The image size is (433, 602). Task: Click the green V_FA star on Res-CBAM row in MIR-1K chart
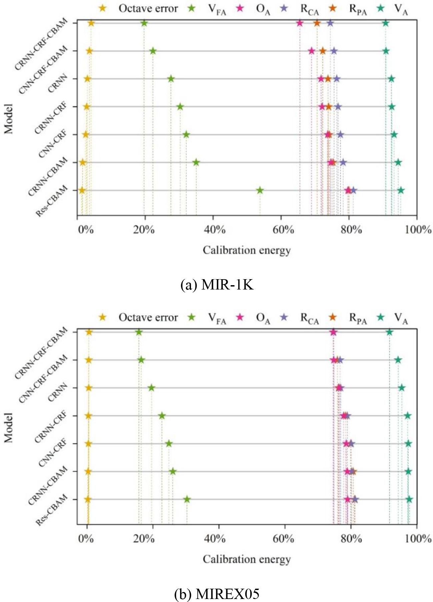click(260, 190)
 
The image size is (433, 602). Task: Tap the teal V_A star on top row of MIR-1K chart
click(386, 23)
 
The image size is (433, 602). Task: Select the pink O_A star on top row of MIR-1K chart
click(300, 23)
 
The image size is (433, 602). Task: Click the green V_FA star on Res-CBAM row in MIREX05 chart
click(187, 499)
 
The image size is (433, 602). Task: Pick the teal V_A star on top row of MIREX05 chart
click(389, 332)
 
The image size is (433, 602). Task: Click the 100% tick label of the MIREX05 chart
click(418, 539)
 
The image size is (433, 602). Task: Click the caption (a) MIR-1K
click(217, 285)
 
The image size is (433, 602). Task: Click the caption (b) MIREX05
click(217, 594)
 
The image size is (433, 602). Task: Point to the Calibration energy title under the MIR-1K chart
click(247, 250)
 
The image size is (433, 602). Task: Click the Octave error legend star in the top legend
click(103, 8)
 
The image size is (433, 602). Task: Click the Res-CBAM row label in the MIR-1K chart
click(52, 202)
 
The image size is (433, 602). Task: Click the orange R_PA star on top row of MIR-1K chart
click(317, 23)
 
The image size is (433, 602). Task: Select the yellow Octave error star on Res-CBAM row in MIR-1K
click(82, 190)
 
